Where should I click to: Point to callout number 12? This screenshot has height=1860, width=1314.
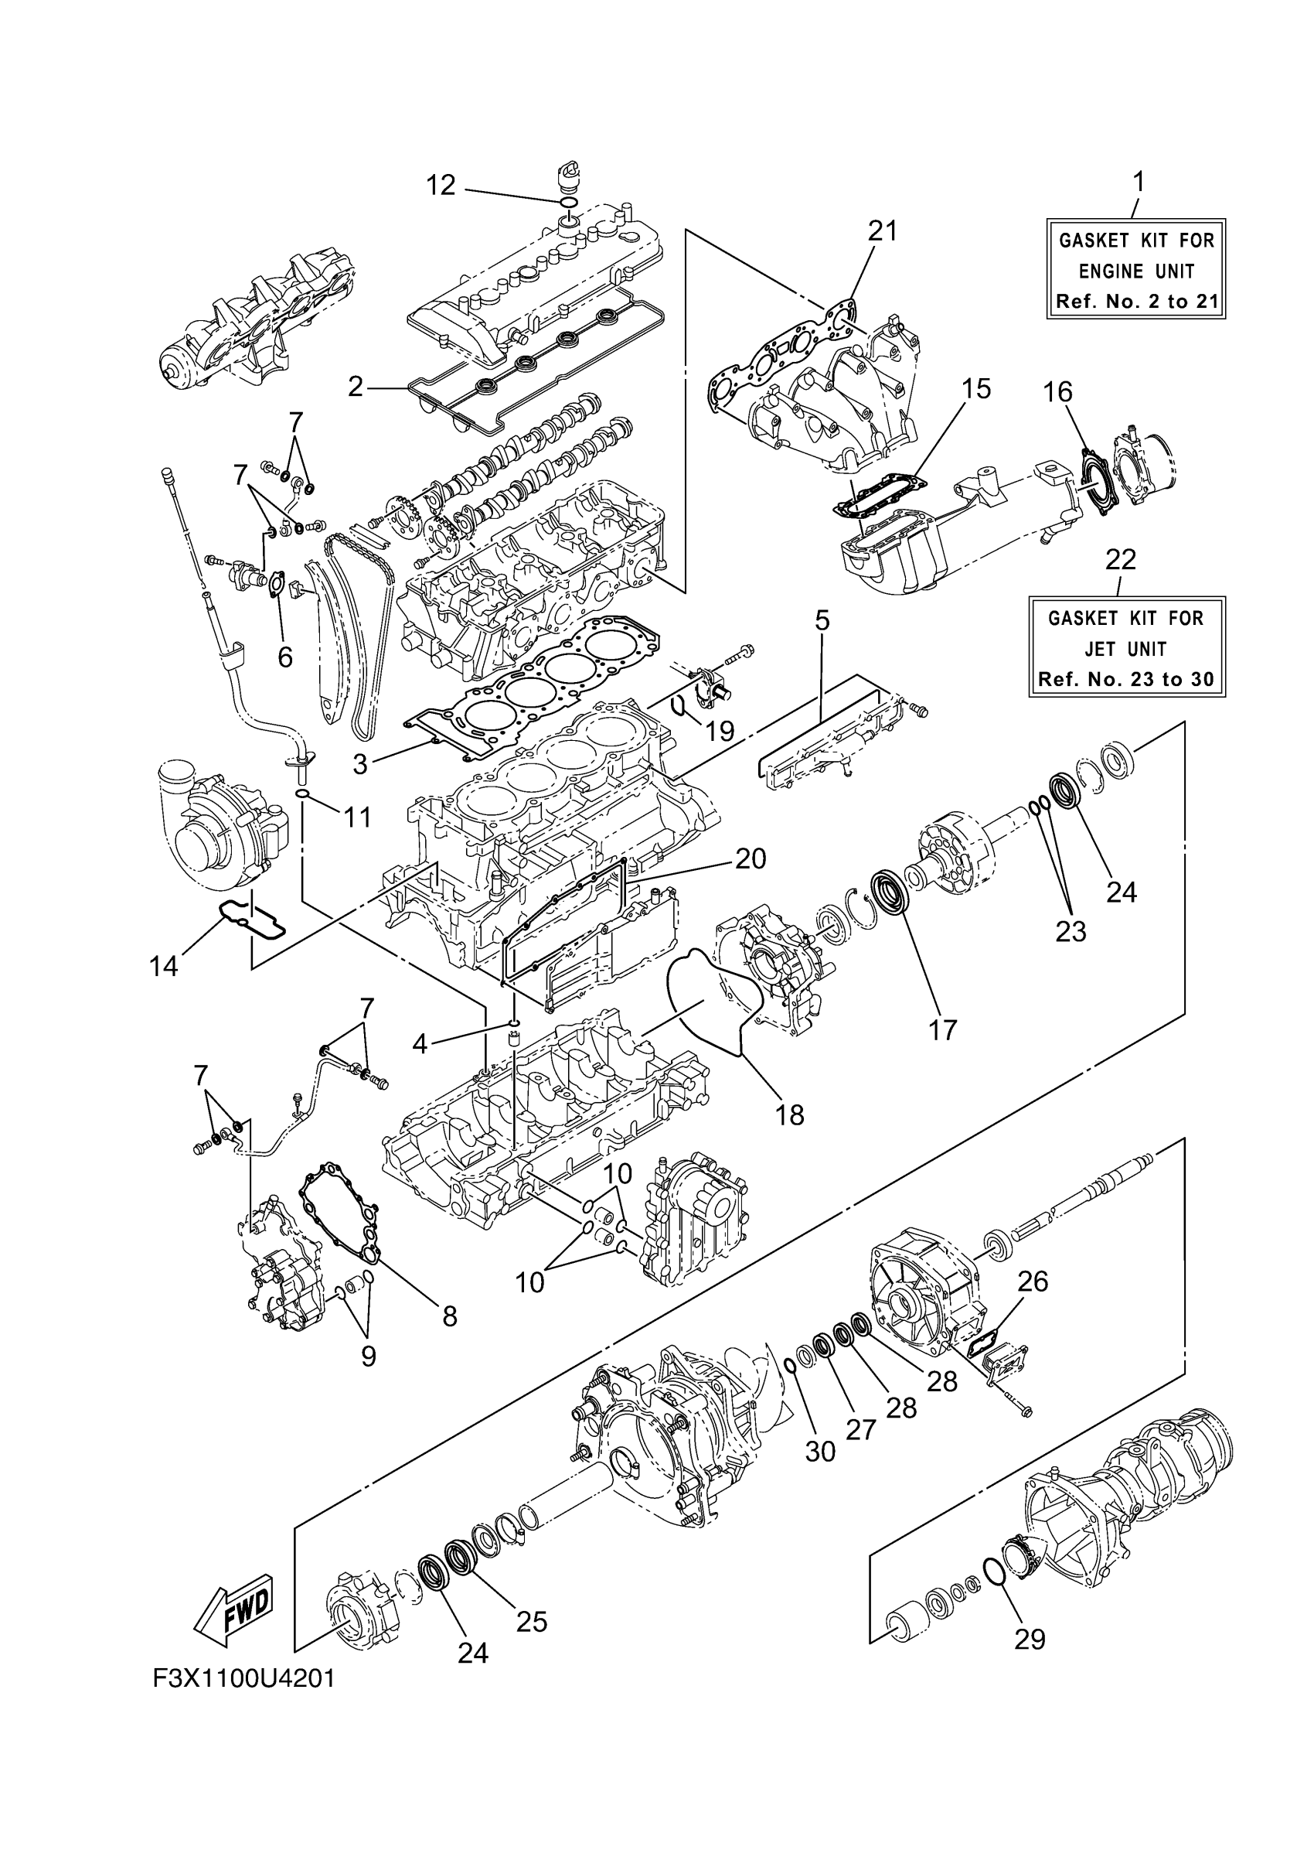pyautogui.click(x=441, y=186)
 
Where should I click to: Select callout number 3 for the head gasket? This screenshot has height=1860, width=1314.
pyautogui.click(x=359, y=763)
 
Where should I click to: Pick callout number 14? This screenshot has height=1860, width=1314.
pyautogui.click(x=164, y=966)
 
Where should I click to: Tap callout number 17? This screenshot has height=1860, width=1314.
pyautogui.click(x=943, y=1029)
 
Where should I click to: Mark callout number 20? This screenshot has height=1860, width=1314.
pyautogui.click(x=750, y=858)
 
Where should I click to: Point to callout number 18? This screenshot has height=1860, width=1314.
pyautogui.click(x=789, y=1114)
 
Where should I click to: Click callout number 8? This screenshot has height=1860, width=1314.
pyautogui.click(x=449, y=1316)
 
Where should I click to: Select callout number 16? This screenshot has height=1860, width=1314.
pyautogui.click(x=1057, y=392)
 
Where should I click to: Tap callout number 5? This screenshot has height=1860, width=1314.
pyautogui.click(x=822, y=621)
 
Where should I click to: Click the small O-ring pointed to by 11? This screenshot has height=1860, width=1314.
pyautogui.click(x=302, y=792)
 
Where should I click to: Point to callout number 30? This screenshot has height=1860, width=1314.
pyautogui.click(x=819, y=1451)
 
